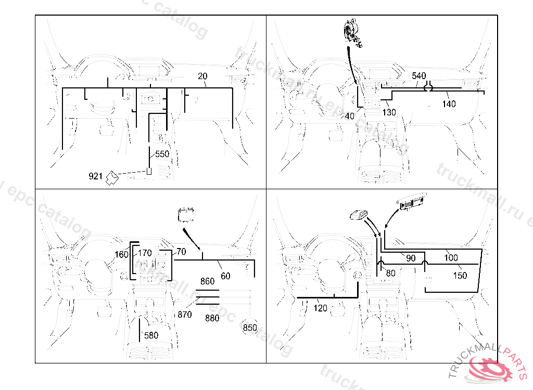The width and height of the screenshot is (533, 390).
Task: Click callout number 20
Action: click(x=202, y=76)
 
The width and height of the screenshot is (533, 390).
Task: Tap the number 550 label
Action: click(x=162, y=154)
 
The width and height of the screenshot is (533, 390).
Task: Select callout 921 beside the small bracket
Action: click(x=95, y=177)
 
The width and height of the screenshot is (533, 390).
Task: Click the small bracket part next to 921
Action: click(x=112, y=178)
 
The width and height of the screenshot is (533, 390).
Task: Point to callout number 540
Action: click(x=418, y=76)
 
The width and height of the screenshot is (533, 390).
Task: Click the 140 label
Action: click(x=449, y=104)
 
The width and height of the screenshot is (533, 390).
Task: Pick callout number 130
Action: click(x=389, y=112)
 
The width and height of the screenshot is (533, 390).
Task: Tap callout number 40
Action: click(x=349, y=116)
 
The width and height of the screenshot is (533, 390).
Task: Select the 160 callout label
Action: click(x=121, y=255)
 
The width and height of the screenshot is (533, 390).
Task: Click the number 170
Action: click(x=145, y=253)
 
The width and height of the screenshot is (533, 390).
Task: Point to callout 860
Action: click(x=207, y=281)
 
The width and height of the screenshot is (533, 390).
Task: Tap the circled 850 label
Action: click(x=250, y=328)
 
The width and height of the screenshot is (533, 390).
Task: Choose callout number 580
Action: click(x=151, y=335)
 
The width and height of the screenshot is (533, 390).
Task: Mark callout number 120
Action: click(x=321, y=308)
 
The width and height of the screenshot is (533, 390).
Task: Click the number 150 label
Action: click(x=460, y=276)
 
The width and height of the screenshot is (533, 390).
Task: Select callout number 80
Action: click(x=391, y=272)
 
